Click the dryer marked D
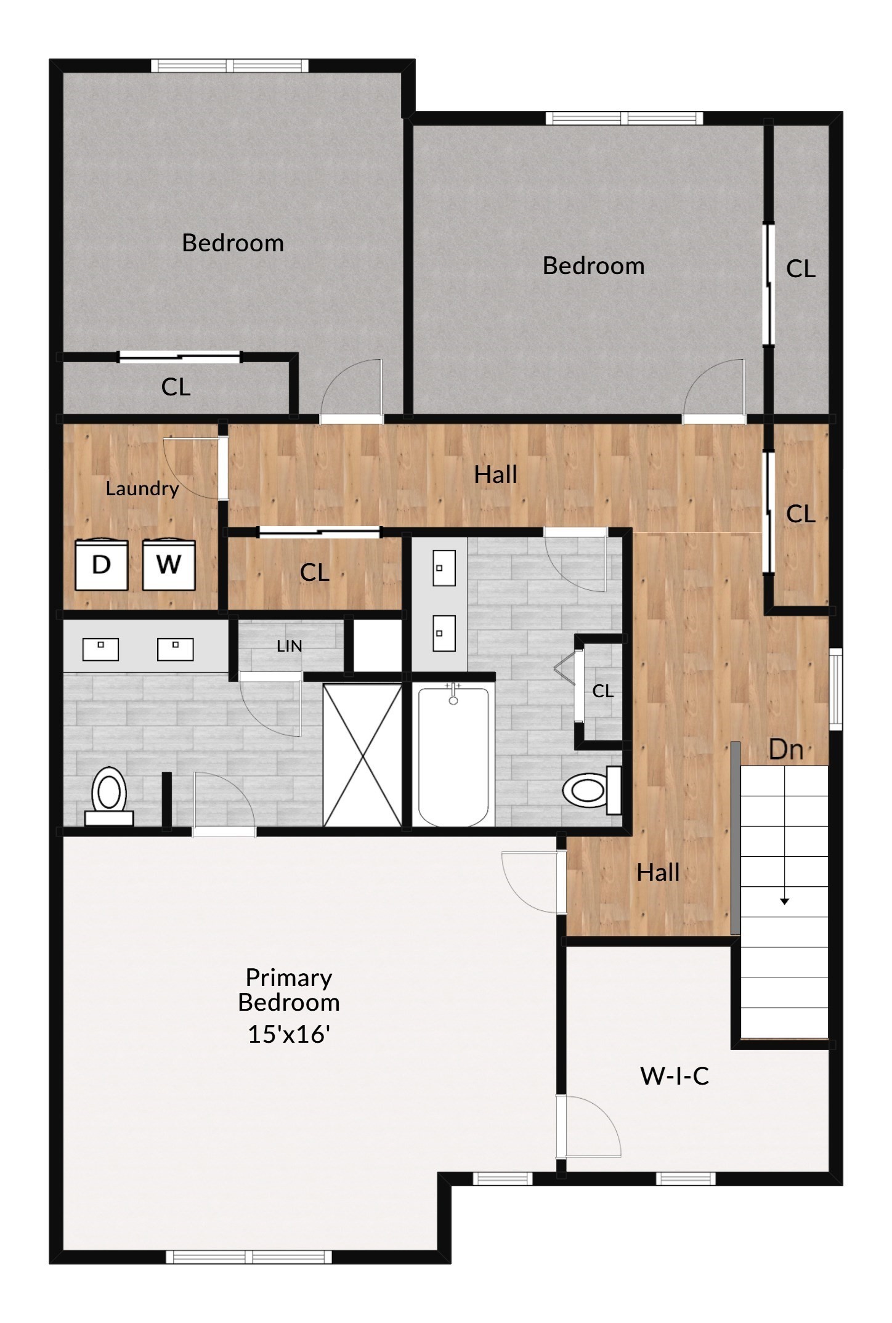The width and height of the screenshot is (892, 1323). [x=102, y=564]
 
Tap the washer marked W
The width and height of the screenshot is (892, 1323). [x=169, y=564]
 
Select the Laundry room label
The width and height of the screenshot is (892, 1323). [x=142, y=488]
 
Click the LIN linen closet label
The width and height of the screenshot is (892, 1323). [x=289, y=646]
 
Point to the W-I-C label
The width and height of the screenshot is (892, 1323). [x=675, y=1076]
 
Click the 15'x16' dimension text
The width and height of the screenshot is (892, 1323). [x=289, y=1034]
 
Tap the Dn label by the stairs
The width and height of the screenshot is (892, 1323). [x=786, y=750]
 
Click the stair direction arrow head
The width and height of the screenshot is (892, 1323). [x=784, y=901]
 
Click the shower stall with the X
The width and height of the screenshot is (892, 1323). [x=362, y=755]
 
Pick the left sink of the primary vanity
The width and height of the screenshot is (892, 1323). [x=100, y=649]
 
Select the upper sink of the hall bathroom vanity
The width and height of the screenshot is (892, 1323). [x=444, y=568]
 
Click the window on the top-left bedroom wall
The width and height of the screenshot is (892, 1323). [x=230, y=65]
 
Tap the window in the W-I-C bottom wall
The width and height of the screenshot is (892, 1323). [x=685, y=1178]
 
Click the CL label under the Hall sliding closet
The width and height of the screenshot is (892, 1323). [x=314, y=573]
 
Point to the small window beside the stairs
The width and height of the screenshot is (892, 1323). [x=835, y=688]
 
